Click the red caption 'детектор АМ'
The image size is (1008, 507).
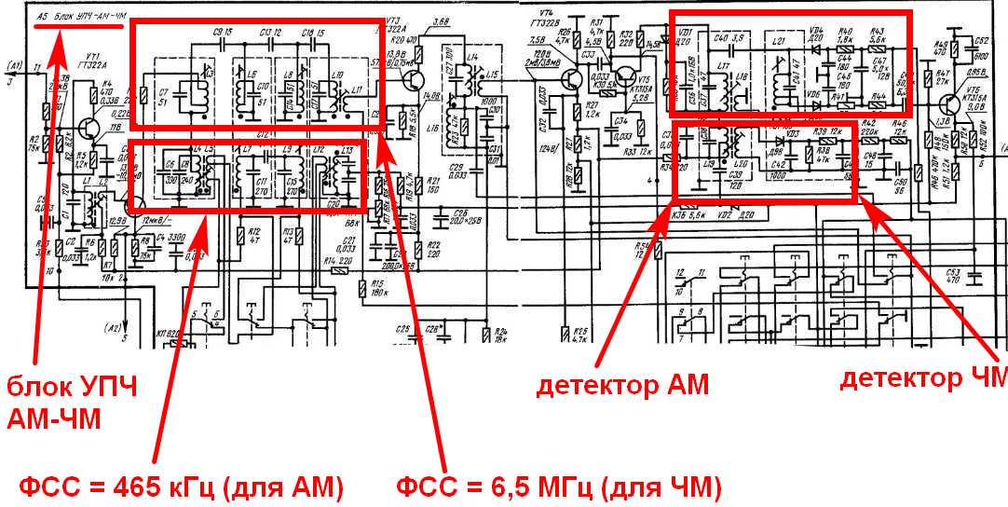622,384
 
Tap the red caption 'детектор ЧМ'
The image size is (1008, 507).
922,378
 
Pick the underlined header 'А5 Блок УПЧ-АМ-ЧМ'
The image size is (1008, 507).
78,17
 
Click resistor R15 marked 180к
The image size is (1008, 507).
363,288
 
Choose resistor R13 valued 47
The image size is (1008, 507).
289,234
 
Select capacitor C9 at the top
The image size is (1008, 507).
222,42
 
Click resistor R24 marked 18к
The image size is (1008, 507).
487,335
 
